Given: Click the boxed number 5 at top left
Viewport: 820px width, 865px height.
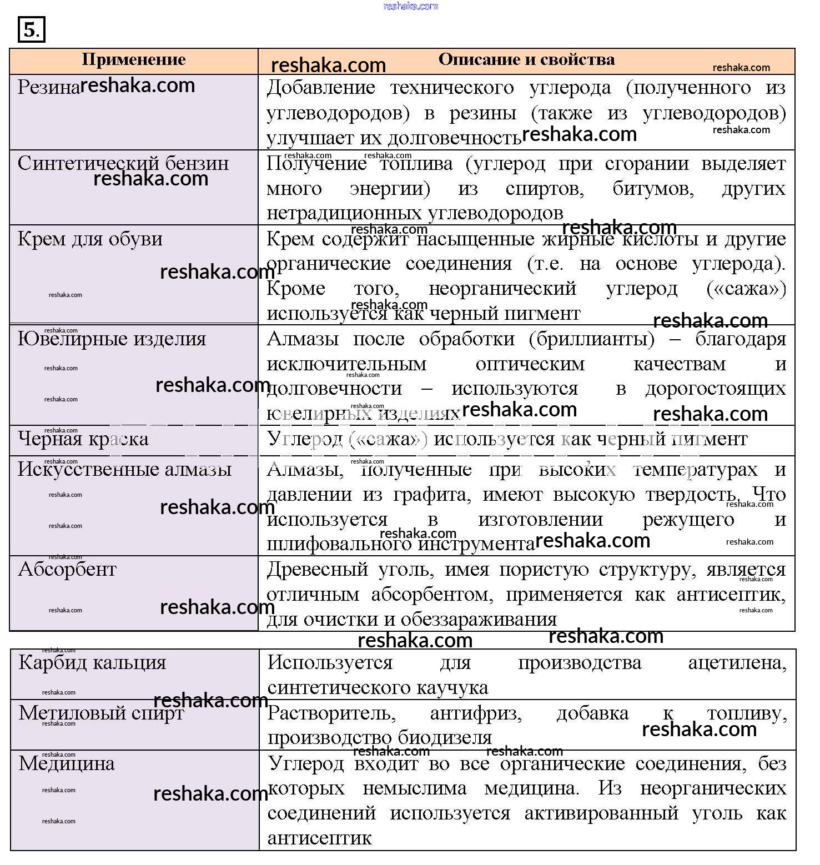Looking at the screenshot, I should pyautogui.click(x=31, y=30).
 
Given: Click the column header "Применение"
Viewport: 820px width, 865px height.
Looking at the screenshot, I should pyautogui.click(x=133, y=60).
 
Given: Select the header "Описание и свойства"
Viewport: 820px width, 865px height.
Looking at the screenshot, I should pyautogui.click(x=526, y=60).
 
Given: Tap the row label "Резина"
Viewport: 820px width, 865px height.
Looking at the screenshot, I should pyautogui.click(x=48, y=87).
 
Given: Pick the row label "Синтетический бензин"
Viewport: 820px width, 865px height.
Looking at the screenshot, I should pyautogui.click(x=123, y=163).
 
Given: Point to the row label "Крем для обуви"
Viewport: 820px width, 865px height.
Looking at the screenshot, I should pyautogui.click(x=90, y=239).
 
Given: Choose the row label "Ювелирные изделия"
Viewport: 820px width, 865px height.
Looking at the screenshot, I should pyautogui.click(x=112, y=339).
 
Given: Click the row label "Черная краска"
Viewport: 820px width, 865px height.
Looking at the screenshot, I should pyautogui.click(x=83, y=439).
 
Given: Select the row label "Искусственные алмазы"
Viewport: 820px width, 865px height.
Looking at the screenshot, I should pyautogui.click(x=124, y=469).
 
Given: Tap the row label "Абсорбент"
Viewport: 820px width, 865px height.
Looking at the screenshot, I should pyautogui.click(x=67, y=569).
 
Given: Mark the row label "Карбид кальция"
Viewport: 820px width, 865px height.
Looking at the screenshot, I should pyautogui.click(x=92, y=662).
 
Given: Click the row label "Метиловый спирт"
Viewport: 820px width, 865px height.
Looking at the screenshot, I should pyautogui.click(x=101, y=713).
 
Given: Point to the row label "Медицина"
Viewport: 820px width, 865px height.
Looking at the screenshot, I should pyautogui.click(x=67, y=763).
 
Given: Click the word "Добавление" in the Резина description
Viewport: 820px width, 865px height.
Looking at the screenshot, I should pyautogui.click(x=321, y=87).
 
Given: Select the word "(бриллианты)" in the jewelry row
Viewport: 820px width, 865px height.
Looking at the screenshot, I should pyautogui.click(x=592, y=339).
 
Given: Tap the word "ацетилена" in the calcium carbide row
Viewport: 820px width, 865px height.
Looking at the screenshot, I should pyautogui.click(x=737, y=662).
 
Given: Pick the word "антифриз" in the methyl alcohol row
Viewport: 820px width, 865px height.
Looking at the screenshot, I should pyautogui.click(x=476, y=713).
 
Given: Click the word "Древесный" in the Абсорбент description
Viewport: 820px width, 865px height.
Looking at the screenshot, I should pyautogui.click(x=317, y=569).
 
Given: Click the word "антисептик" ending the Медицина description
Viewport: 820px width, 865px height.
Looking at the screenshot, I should pyautogui.click(x=319, y=838).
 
